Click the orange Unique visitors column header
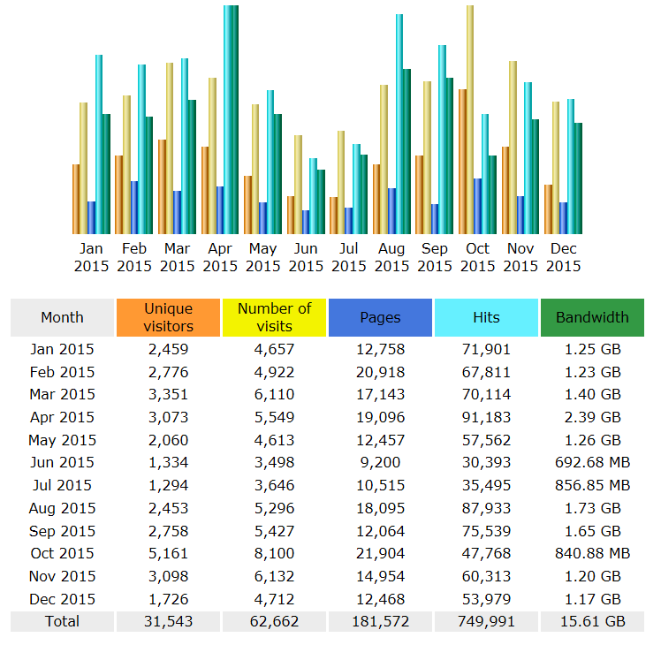168,318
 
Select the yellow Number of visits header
274,318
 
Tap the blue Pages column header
380,318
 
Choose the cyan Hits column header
486,318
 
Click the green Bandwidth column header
592,318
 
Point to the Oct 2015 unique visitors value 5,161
168,554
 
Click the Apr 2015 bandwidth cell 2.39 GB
592,417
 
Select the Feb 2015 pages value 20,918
380,372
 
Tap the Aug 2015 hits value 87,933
486,508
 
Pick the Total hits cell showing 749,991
486,622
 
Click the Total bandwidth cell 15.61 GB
592,622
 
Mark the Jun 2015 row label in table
62,463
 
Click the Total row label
62,622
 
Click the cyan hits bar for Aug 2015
399,124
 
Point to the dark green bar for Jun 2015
322,201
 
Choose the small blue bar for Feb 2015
134,208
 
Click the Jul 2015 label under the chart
349,257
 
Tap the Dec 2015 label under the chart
564,257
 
